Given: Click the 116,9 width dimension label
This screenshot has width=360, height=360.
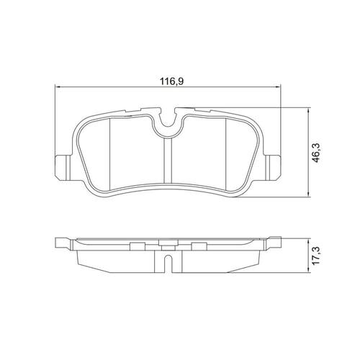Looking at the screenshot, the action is tap(171, 81).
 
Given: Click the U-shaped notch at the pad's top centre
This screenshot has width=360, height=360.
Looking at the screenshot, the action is tap(168, 120).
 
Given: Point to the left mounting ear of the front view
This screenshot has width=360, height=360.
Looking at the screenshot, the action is tap(63, 167).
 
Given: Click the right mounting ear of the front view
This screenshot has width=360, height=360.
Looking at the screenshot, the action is tap(273, 167).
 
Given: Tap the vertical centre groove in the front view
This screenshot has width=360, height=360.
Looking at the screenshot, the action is tap(168, 161).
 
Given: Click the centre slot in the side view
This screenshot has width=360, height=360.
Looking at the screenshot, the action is tap(168, 264).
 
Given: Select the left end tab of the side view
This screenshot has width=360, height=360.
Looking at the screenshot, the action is tap(63, 243).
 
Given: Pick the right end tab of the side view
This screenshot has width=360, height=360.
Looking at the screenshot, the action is tap(273, 243).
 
